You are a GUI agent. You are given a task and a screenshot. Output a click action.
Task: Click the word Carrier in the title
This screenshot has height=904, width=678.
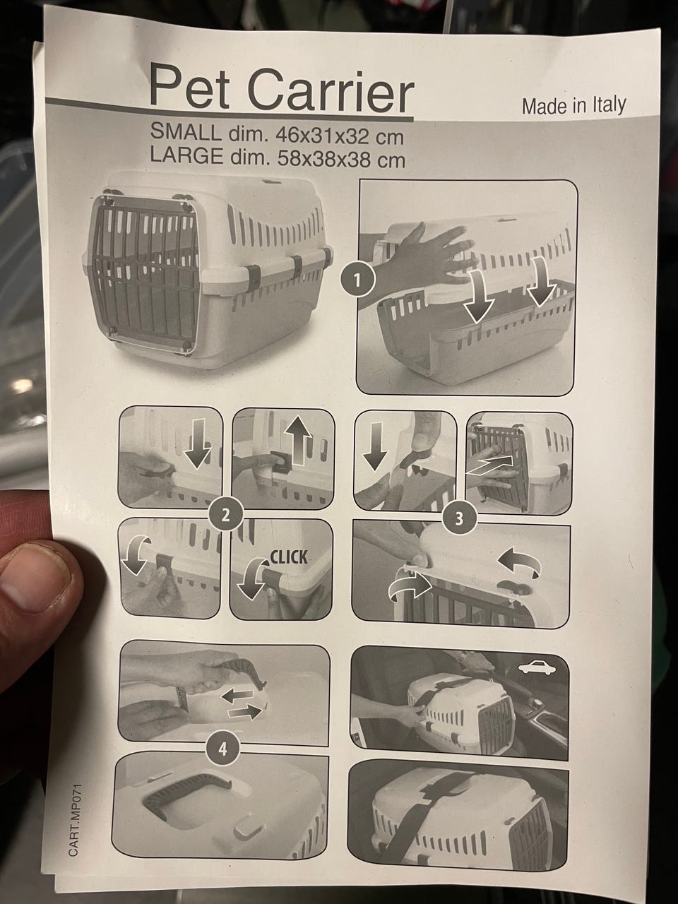pyautogui.click(x=331, y=92)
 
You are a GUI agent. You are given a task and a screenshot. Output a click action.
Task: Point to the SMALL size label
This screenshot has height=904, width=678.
pyautogui.click(x=185, y=131)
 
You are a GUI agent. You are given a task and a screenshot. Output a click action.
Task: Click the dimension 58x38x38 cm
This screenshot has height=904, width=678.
pyautogui.click(x=341, y=160)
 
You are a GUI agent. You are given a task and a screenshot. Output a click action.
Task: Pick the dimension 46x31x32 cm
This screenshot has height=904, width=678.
pyautogui.click(x=340, y=136)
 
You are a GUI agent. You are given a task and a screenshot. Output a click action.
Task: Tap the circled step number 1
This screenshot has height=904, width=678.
pyautogui.click(x=357, y=280)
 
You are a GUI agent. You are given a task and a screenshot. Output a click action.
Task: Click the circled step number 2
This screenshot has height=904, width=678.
pyautogui.click(x=225, y=516)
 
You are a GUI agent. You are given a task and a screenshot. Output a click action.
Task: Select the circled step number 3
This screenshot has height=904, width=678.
pyautogui.click(x=459, y=518)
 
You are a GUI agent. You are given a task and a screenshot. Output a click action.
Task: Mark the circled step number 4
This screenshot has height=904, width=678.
pyautogui.click(x=222, y=749)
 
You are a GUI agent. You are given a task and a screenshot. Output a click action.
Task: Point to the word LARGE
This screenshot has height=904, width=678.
pyautogui.click(x=187, y=155)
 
